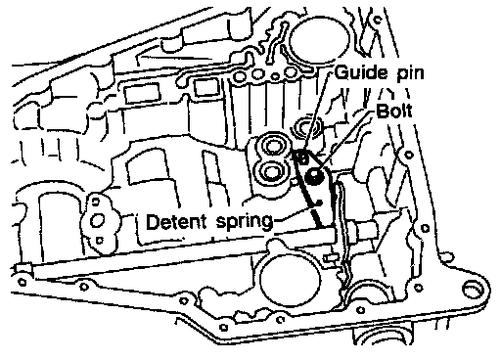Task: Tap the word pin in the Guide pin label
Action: pyautogui.click(x=410, y=74)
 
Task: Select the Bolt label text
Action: pyautogui.click(x=393, y=111)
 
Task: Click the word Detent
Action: pyautogui.click(x=176, y=222)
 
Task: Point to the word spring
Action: pyautogui.click(x=244, y=223)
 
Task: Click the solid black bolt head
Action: pyautogui.click(x=314, y=176)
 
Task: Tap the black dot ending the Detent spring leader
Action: pyautogui.click(x=320, y=202)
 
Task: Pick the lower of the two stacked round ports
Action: pyautogui.click(x=270, y=171)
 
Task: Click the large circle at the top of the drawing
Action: pyautogui.click(x=319, y=39)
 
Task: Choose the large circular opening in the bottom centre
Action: pyautogui.click(x=290, y=280)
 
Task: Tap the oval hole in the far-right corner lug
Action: pyautogui.click(x=472, y=289)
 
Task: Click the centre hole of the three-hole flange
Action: pyautogui.click(x=97, y=221)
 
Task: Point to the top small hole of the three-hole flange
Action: pyautogui.click(x=95, y=202)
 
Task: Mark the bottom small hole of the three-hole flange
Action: pyautogui.click(x=100, y=241)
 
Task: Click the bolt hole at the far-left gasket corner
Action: pyautogui.click(x=23, y=281)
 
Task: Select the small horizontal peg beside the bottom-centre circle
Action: pyautogui.click(x=330, y=258)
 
